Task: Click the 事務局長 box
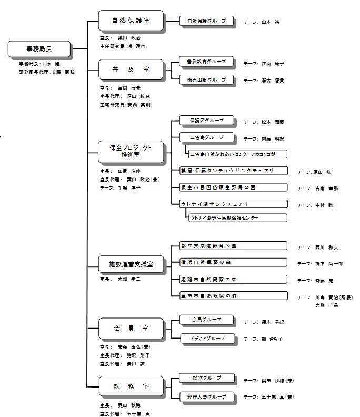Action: (40, 49)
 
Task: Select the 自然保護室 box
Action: (131, 21)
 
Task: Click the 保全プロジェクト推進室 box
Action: (131, 152)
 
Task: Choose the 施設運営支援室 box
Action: (131, 262)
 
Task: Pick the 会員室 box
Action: (131, 329)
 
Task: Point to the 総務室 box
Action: (131, 386)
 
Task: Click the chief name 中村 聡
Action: (323, 205)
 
